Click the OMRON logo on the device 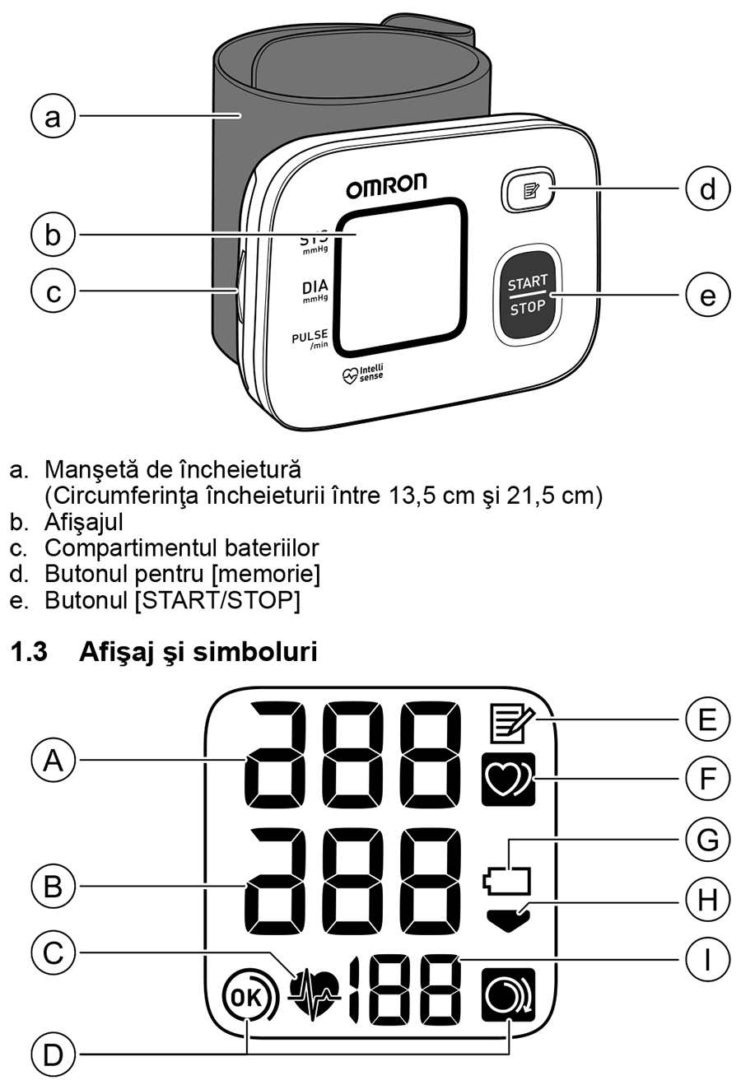pos(386,186)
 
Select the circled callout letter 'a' pos(53,116)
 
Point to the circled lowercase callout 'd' pos(707,189)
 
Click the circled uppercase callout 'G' pos(707,840)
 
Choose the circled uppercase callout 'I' pos(707,959)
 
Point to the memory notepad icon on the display pos(507,724)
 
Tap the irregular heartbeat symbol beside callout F pos(508,778)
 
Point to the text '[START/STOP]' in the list pos(217,599)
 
